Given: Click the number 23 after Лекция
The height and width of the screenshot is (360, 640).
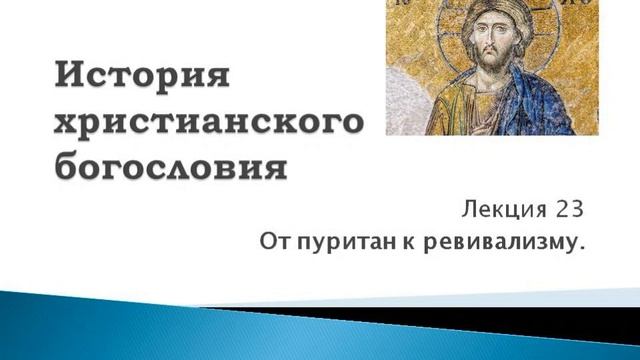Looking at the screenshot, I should tap(565, 210).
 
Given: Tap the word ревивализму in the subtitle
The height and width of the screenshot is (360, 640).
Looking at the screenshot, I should tap(491, 242).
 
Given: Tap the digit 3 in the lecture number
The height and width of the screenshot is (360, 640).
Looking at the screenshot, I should tap(572, 210).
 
